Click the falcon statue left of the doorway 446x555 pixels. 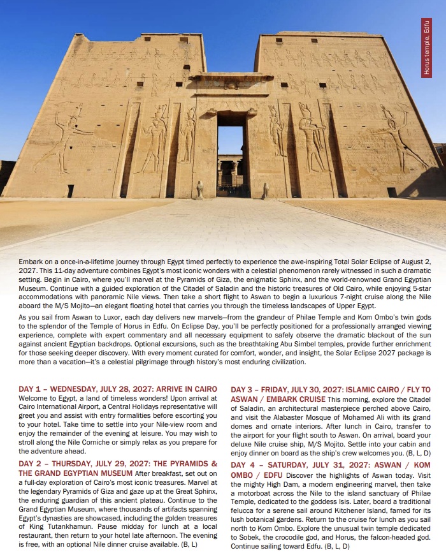[199, 189]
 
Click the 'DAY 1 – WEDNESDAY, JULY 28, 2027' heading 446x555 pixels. [117, 389]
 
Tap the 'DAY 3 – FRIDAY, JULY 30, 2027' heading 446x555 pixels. [331, 389]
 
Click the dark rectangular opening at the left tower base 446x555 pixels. [71, 190]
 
